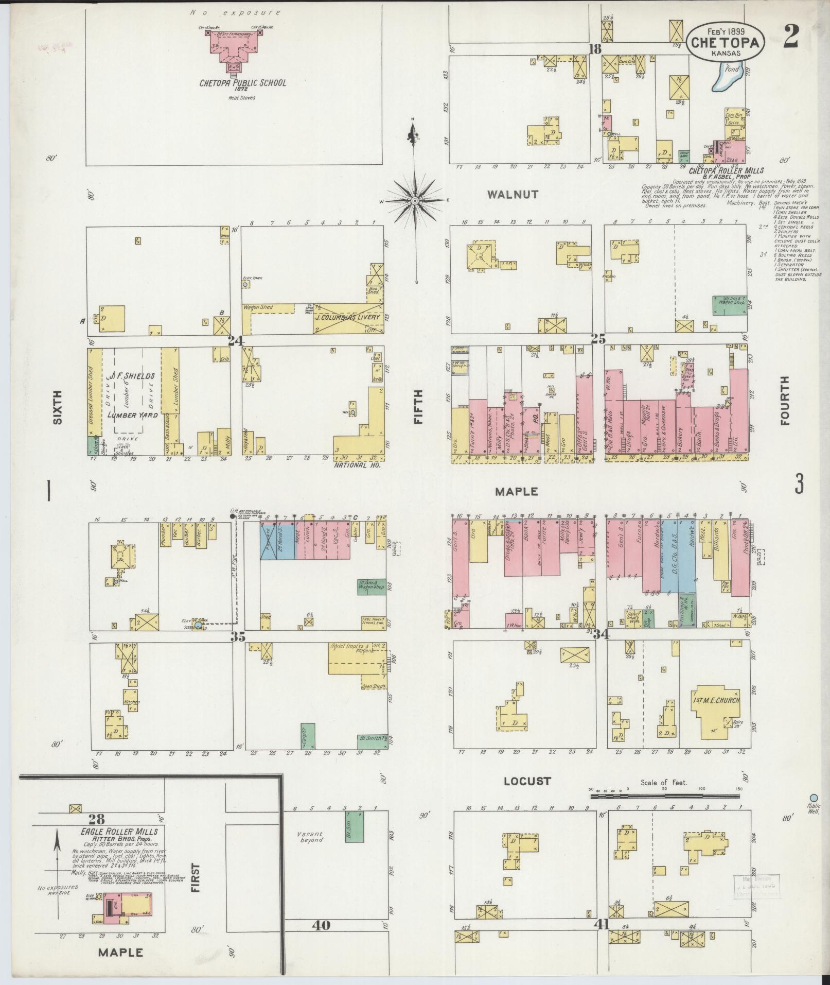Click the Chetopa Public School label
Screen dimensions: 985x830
click(x=242, y=82)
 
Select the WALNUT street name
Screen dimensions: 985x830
click(x=513, y=195)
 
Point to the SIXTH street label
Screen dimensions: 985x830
click(x=57, y=406)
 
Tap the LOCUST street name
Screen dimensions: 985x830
click(x=527, y=796)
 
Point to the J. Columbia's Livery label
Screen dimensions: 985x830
click(x=348, y=317)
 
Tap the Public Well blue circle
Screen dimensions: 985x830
click(x=814, y=798)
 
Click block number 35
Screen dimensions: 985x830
click(x=238, y=636)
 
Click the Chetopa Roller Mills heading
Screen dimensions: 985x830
click(x=726, y=170)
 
